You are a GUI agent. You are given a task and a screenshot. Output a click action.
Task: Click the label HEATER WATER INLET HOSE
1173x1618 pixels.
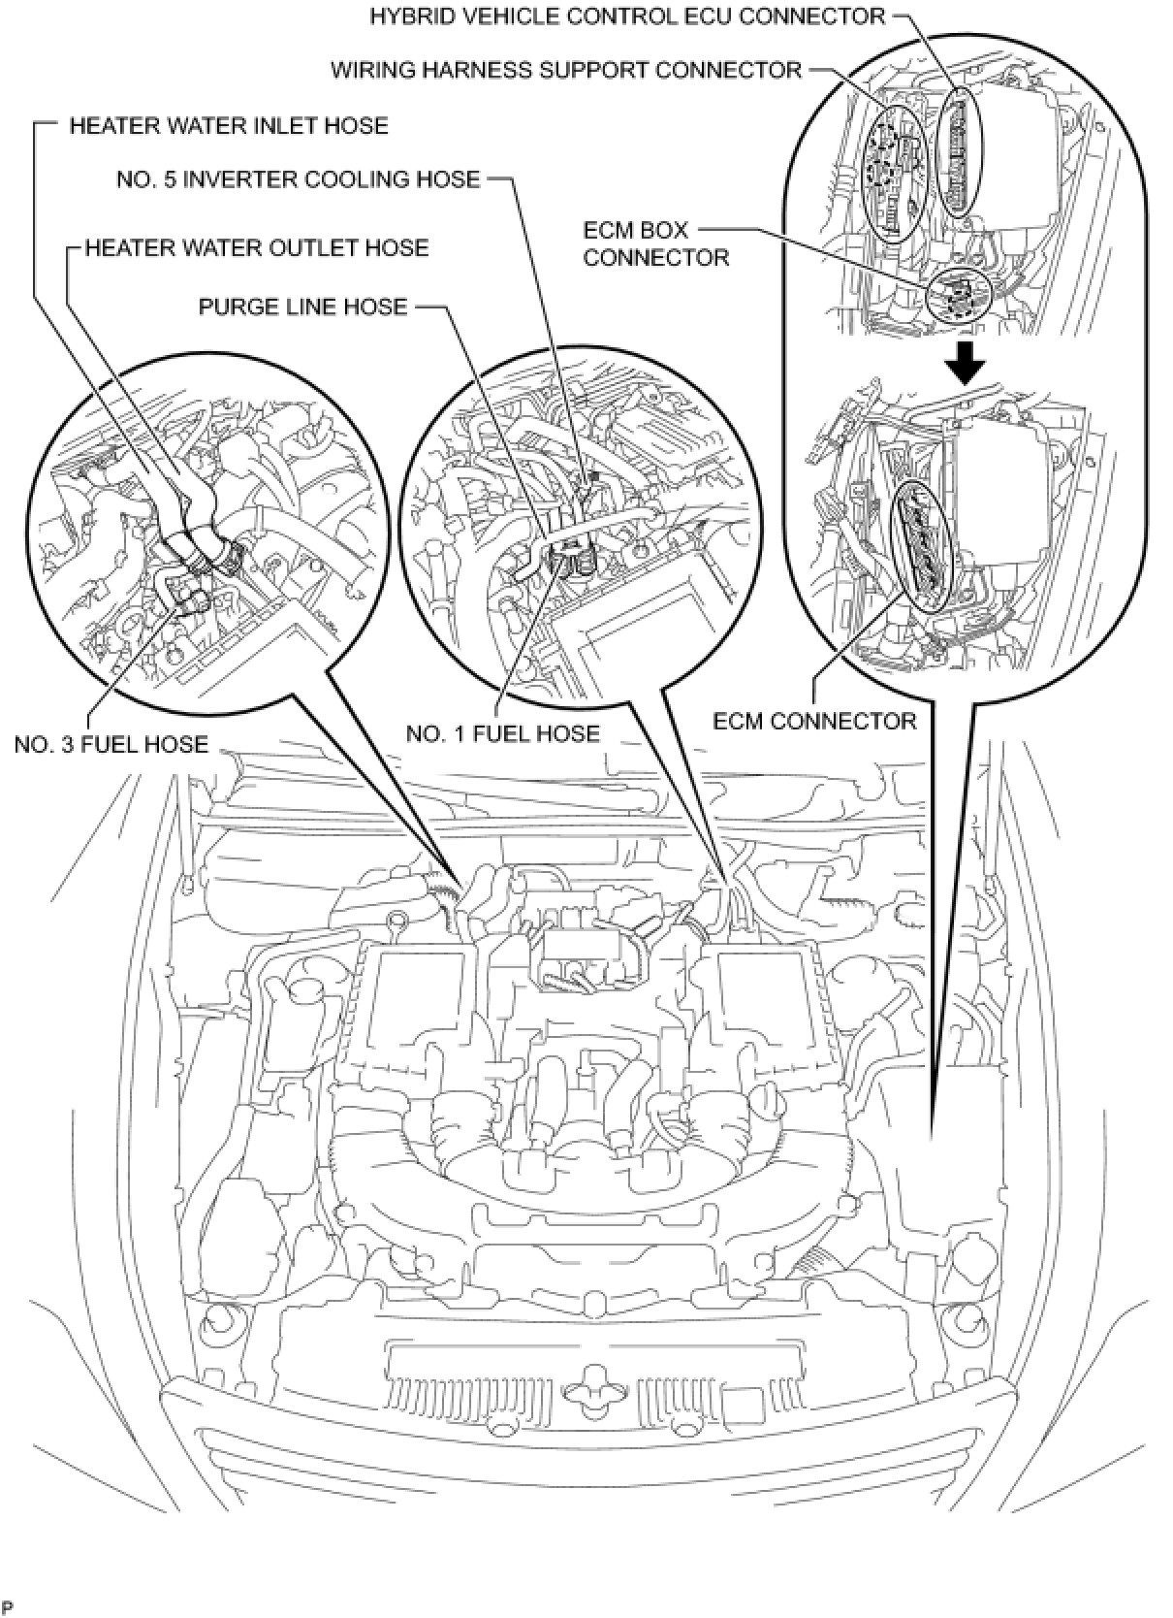[x=229, y=126]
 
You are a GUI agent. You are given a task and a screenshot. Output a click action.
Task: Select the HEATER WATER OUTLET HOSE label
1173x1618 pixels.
[x=257, y=248]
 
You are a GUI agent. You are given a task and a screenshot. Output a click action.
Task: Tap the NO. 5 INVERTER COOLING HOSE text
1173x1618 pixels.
[x=299, y=179]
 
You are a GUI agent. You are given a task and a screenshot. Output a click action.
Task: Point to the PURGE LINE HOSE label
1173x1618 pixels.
[x=302, y=307]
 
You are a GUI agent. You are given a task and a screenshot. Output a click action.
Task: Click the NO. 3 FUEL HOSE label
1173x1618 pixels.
[x=111, y=744]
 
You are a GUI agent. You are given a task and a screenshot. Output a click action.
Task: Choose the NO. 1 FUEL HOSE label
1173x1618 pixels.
[x=503, y=733]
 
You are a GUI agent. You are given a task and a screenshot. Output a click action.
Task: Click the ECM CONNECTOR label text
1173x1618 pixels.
[x=814, y=721]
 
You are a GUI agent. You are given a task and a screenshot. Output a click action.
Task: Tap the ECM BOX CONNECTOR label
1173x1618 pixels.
[x=656, y=244]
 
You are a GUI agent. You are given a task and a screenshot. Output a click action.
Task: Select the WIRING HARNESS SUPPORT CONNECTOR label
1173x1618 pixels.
[x=567, y=70]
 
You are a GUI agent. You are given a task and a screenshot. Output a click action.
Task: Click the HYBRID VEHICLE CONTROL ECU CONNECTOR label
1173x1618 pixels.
[x=627, y=16]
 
